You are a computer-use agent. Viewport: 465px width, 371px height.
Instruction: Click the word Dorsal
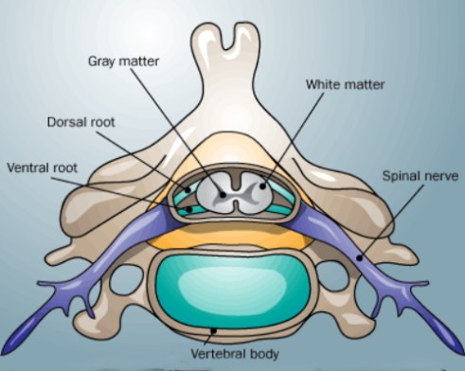point(66,122)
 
